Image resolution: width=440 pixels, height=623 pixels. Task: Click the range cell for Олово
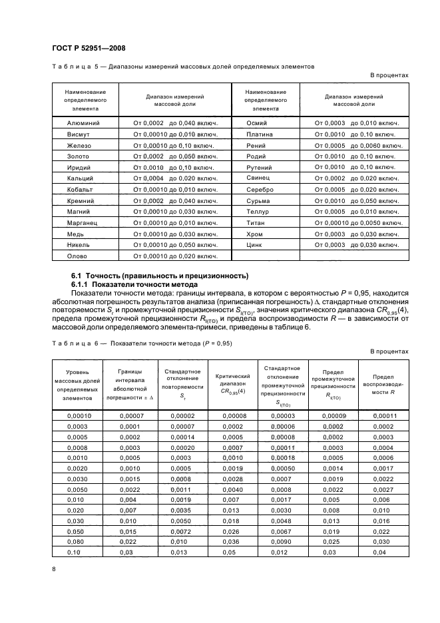tap(176, 256)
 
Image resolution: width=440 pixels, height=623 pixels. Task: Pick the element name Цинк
tap(256, 245)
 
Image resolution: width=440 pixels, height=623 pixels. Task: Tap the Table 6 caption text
tap(141, 343)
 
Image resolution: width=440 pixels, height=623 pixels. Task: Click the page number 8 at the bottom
tap(54, 568)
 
